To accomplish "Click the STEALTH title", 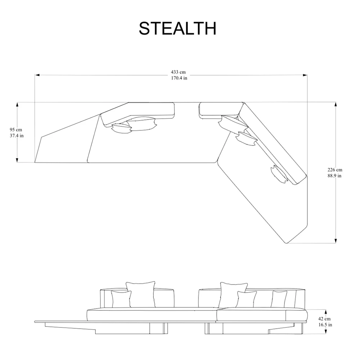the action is pyautogui.click(x=177, y=28).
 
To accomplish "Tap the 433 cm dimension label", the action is pyautogui.click(x=178, y=72).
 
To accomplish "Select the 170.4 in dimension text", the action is pyautogui.click(x=179, y=78).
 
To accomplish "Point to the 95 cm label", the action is pyautogui.click(x=16, y=130).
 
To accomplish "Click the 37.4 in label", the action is pyautogui.click(x=17, y=136).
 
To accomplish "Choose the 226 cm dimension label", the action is pyautogui.click(x=335, y=170).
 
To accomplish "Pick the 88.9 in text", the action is pyautogui.click(x=334, y=176).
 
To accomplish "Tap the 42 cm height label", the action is pyautogui.click(x=324, y=319).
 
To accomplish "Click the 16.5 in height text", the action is pyautogui.click(x=325, y=325).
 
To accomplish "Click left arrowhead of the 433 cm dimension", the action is pyautogui.click(x=37, y=75).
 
